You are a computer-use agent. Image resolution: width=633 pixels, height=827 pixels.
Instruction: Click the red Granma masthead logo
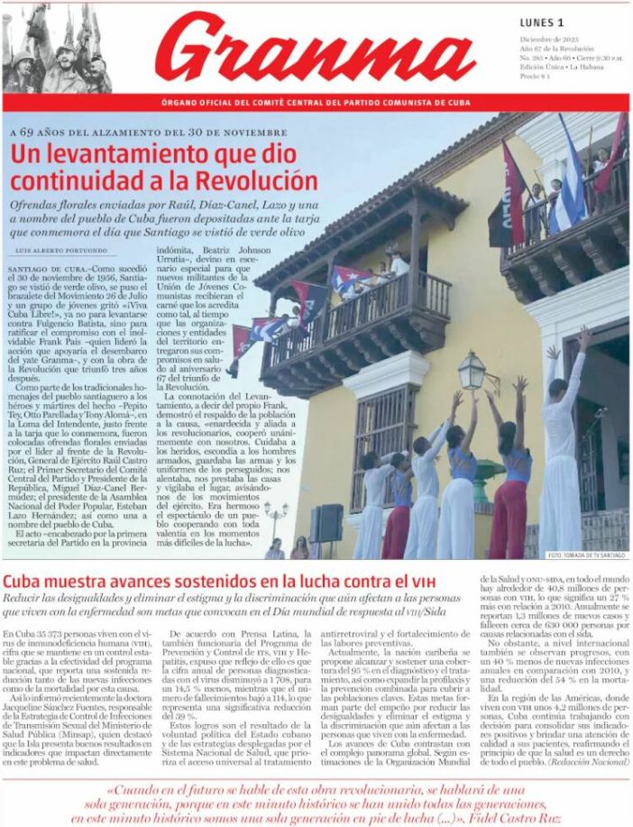[x=316, y=50]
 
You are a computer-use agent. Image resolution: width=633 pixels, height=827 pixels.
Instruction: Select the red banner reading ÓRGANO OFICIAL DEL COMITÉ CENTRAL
[x=316, y=103]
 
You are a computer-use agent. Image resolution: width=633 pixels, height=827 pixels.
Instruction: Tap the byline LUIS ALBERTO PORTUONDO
[x=56, y=250]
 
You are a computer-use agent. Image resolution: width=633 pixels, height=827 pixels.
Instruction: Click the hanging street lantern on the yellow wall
[x=472, y=371]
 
